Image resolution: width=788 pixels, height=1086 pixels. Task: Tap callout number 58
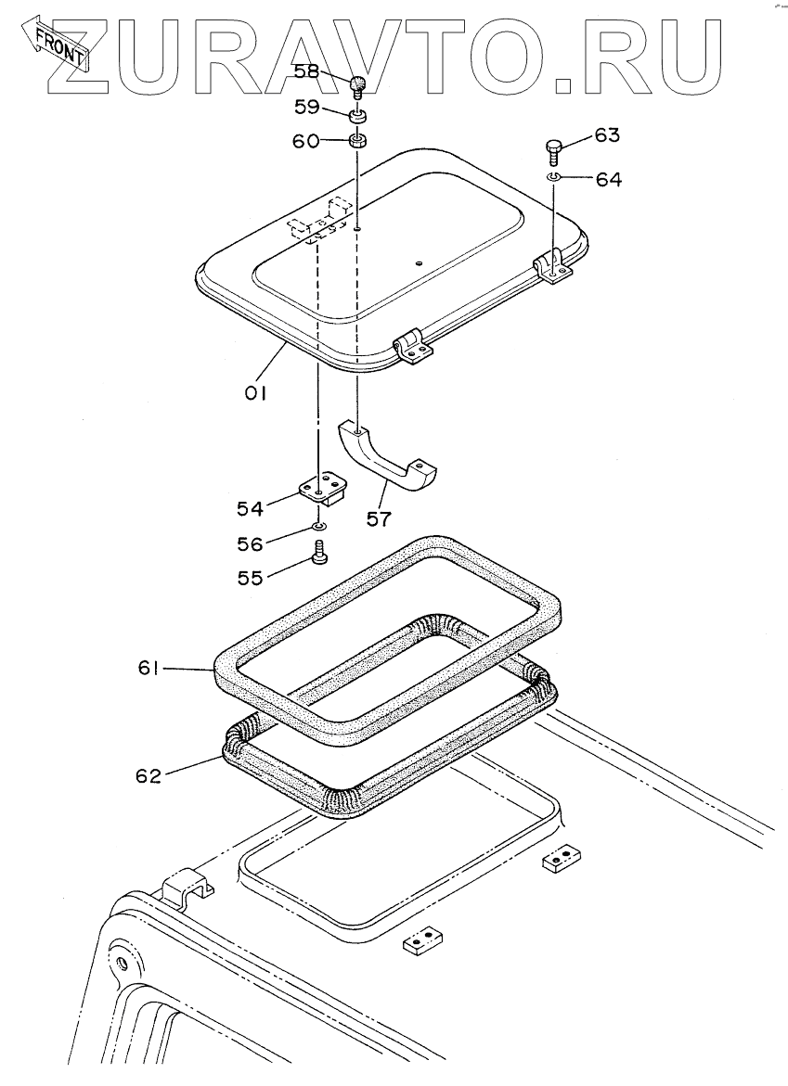point(307,71)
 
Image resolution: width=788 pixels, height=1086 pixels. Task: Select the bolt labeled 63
point(552,148)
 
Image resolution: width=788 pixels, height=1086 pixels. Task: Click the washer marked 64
point(552,175)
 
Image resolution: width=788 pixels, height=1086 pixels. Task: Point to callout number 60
point(307,141)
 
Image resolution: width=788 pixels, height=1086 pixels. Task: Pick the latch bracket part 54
point(321,489)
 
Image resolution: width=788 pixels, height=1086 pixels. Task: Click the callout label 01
point(255,392)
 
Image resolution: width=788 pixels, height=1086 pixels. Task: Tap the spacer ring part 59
point(358,116)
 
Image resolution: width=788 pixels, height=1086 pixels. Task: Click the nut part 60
point(358,142)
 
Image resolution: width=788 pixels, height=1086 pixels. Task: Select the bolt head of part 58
point(359,86)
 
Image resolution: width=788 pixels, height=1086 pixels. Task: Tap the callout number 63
point(606,135)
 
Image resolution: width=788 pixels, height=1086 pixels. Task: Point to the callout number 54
point(250,507)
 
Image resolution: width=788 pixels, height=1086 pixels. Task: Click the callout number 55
point(250,577)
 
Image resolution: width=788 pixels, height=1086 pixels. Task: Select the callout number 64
point(609,179)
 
